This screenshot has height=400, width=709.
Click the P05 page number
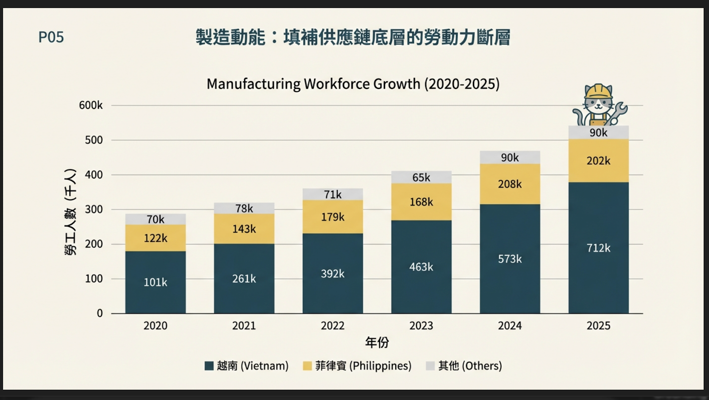51,37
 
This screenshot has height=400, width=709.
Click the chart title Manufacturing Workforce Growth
353,84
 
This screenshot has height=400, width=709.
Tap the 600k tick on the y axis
91,105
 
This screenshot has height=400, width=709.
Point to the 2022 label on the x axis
332,326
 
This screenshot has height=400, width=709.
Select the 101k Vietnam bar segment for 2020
156,282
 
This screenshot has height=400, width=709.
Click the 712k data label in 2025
598,248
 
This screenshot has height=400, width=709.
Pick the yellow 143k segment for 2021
244,229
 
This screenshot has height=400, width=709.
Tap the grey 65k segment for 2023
421,177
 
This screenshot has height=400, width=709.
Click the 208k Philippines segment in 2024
510,184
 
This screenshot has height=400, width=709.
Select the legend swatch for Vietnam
209,366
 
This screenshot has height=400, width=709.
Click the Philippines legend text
363,366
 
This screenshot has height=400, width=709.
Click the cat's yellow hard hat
598,91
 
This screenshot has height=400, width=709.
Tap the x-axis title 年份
377,342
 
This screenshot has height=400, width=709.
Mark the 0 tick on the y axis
100,314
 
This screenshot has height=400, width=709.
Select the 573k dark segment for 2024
510,259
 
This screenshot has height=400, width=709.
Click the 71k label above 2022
332,194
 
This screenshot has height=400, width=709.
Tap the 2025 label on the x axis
598,326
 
